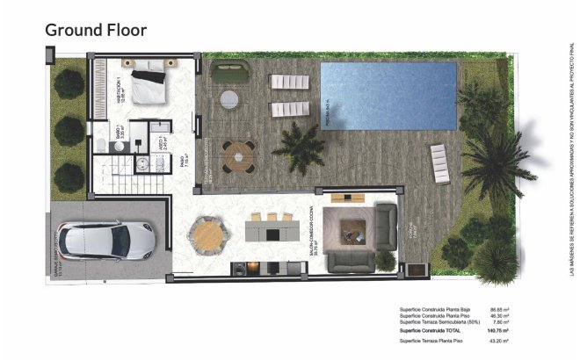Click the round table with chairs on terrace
pyautogui.click(x=237, y=157)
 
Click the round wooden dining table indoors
pyautogui.click(x=207, y=234)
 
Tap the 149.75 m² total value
pyautogui.click(x=499, y=329)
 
